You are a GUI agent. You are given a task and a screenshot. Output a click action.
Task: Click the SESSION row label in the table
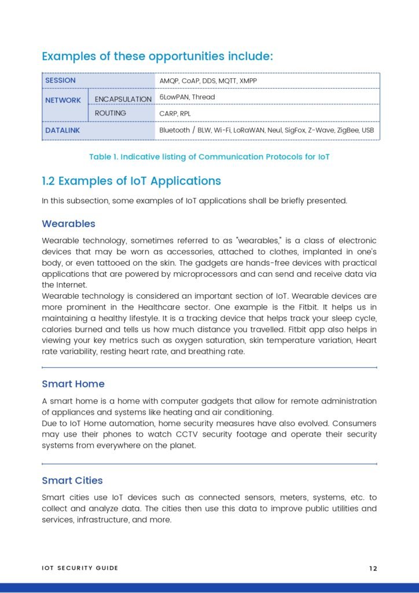[x=61, y=80]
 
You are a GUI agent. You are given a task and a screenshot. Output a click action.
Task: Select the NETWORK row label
[x=63, y=100]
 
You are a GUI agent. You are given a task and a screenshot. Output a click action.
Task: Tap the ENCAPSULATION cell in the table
[x=123, y=99]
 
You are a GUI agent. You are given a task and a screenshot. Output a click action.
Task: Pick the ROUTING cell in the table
[x=111, y=113]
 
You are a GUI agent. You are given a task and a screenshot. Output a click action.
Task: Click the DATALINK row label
[x=63, y=130]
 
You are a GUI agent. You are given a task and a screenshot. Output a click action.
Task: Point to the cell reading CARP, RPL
[x=175, y=114]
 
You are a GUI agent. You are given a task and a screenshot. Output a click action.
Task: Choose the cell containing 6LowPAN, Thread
[x=187, y=97]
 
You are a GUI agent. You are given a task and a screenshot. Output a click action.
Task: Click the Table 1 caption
[x=209, y=157]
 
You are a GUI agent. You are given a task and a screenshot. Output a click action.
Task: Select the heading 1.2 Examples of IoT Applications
[x=131, y=181]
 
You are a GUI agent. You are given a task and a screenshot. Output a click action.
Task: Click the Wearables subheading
[x=68, y=224]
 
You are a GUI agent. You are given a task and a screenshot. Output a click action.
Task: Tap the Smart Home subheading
[x=73, y=384]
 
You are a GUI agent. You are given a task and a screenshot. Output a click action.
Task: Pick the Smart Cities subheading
[x=72, y=481]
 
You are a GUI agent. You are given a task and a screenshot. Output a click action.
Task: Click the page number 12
[x=373, y=568]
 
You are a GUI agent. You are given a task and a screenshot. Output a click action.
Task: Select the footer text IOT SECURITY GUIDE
[x=80, y=568]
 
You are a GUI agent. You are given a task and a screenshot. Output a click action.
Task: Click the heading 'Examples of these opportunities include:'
[x=157, y=56]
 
